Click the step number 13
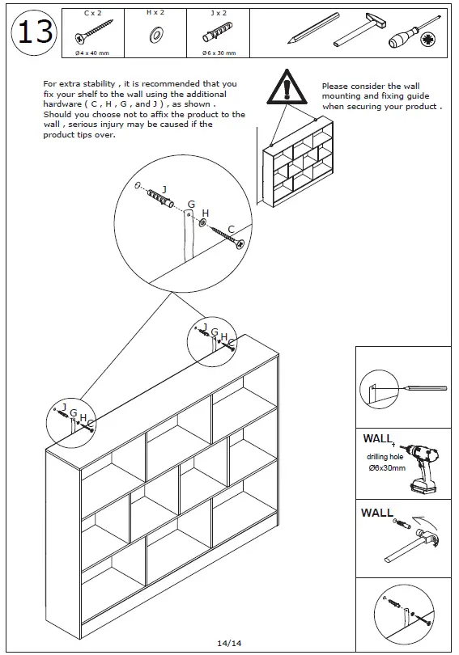[x=35, y=32]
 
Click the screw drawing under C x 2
[x=94, y=32]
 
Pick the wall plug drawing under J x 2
[x=218, y=32]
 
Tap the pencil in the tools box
[x=313, y=28]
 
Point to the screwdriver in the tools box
[x=414, y=33]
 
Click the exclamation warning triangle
[x=287, y=87]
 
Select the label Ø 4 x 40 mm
[x=92, y=53]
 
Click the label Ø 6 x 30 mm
[x=219, y=53]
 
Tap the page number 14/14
[x=229, y=643]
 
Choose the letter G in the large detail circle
[x=191, y=205]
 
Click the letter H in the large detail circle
[x=206, y=213]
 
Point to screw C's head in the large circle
[x=240, y=244]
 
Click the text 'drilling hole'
[x=385, y=457]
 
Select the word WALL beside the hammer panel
[x=377, y=513]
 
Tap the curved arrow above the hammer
[x=424, y=522]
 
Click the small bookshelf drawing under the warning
[x=298, y=163]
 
